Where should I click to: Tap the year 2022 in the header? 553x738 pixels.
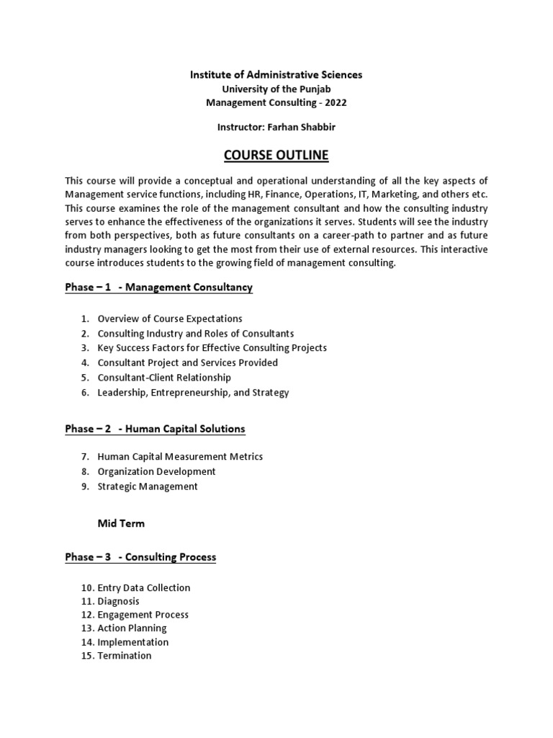tap(335, 102)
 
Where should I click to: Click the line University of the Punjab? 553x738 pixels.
tap(276, 89)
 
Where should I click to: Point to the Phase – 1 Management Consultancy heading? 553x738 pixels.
tap(158, 288)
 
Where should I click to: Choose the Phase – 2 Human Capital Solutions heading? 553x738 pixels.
tap(155, 429)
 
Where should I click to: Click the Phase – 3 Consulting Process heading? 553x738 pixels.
tap(140, 557)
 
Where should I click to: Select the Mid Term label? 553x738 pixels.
tap(121, 523)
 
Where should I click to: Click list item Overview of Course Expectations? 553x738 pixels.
tap(170, 319)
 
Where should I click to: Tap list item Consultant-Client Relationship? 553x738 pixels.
tap(164, 378)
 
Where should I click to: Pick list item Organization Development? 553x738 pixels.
tap(156, 471)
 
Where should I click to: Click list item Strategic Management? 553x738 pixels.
tap(148, 486)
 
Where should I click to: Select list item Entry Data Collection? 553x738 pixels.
tap(144, 588)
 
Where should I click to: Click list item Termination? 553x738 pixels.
tap(125, 656)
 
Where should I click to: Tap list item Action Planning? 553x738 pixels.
tap(132, 628)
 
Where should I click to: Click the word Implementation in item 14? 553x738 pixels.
tap(133, 642)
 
